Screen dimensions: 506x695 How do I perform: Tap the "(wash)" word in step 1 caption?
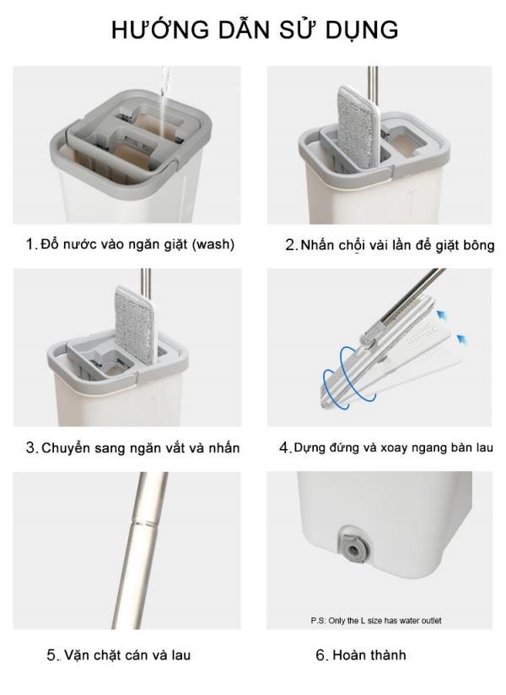click(x=213, y=244)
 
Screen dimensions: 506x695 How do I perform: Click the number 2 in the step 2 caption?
click(x=290, y=245)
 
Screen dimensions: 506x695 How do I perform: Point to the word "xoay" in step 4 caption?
click(x=393, y=447)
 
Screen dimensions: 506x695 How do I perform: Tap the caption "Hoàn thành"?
click(x=369, y=655)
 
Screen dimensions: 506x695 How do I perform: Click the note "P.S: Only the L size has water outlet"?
click(x=375, y=621)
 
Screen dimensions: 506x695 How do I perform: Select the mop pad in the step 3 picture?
click(x=135, y=325)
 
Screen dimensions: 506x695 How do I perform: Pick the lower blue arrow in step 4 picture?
click(x=462, y=341)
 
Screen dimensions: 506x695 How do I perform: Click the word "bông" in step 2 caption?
click(x=478, y=245)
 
